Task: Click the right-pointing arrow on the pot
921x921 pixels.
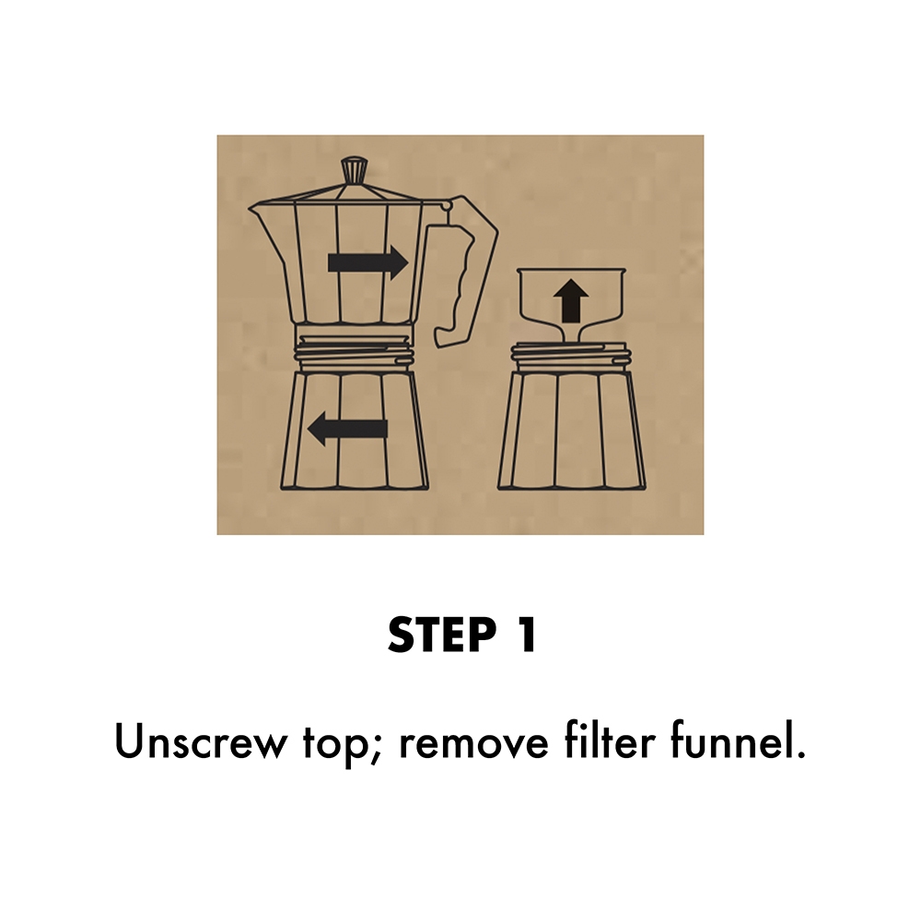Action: [367, 262]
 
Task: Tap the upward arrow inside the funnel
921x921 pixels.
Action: [572, 300]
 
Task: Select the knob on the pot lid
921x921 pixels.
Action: [352, 169]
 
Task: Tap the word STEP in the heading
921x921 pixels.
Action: [440, 635]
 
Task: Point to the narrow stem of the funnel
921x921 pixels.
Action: [572, 332]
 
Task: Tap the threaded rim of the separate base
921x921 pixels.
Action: [572, 355]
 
